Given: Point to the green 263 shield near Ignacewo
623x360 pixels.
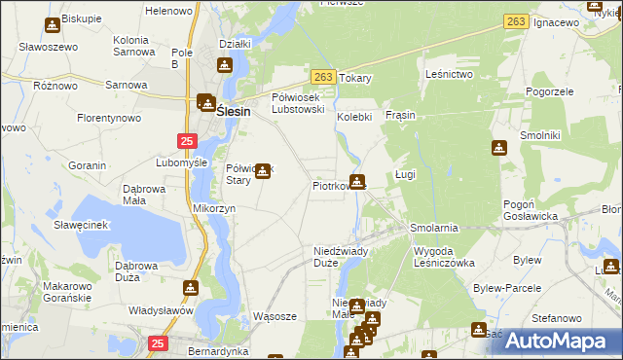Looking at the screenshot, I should [517, 21].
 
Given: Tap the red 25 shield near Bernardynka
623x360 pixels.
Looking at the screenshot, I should [159, 342].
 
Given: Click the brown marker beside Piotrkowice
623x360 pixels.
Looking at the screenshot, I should [358, 181].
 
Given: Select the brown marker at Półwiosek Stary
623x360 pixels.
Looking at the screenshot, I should [263, 169].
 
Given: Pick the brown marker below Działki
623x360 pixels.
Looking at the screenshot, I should [226, 66].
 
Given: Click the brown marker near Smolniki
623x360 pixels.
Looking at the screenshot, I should [499, 148].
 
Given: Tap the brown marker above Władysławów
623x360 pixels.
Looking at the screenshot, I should [190, 288].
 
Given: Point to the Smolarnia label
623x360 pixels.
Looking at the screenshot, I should [434, 227].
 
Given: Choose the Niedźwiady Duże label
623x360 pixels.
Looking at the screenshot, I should [340, 257].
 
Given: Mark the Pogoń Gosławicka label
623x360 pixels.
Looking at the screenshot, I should [530, 210].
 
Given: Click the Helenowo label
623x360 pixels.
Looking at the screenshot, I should [168, 11].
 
